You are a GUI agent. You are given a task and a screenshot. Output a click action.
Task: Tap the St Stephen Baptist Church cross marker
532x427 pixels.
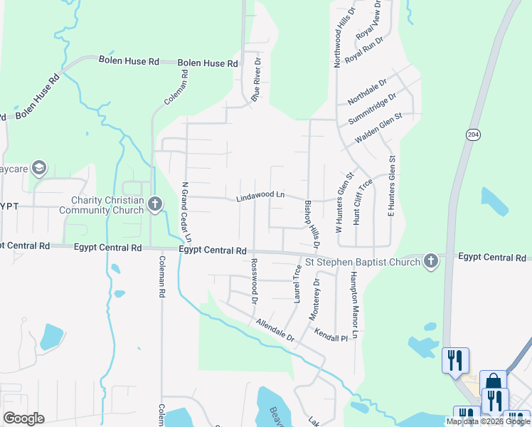[430, 261]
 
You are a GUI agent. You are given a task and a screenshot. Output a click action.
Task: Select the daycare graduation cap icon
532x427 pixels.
[38, 169]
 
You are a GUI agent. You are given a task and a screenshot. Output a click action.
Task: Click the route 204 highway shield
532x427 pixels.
[473, 135]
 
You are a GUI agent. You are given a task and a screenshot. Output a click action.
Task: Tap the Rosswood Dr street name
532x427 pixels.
[254, 281]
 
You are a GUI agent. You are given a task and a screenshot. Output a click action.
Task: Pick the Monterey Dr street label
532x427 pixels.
[314, 298]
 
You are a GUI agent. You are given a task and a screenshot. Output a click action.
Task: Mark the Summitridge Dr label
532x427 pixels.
[371, 107]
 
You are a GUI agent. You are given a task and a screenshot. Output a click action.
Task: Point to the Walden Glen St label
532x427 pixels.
[378, 127]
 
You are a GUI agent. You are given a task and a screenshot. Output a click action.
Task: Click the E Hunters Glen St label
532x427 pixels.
[391, 186]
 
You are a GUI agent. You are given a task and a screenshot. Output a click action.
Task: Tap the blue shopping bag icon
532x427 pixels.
[493, 382]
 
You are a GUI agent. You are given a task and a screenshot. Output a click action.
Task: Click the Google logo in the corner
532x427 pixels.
[24, 418]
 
